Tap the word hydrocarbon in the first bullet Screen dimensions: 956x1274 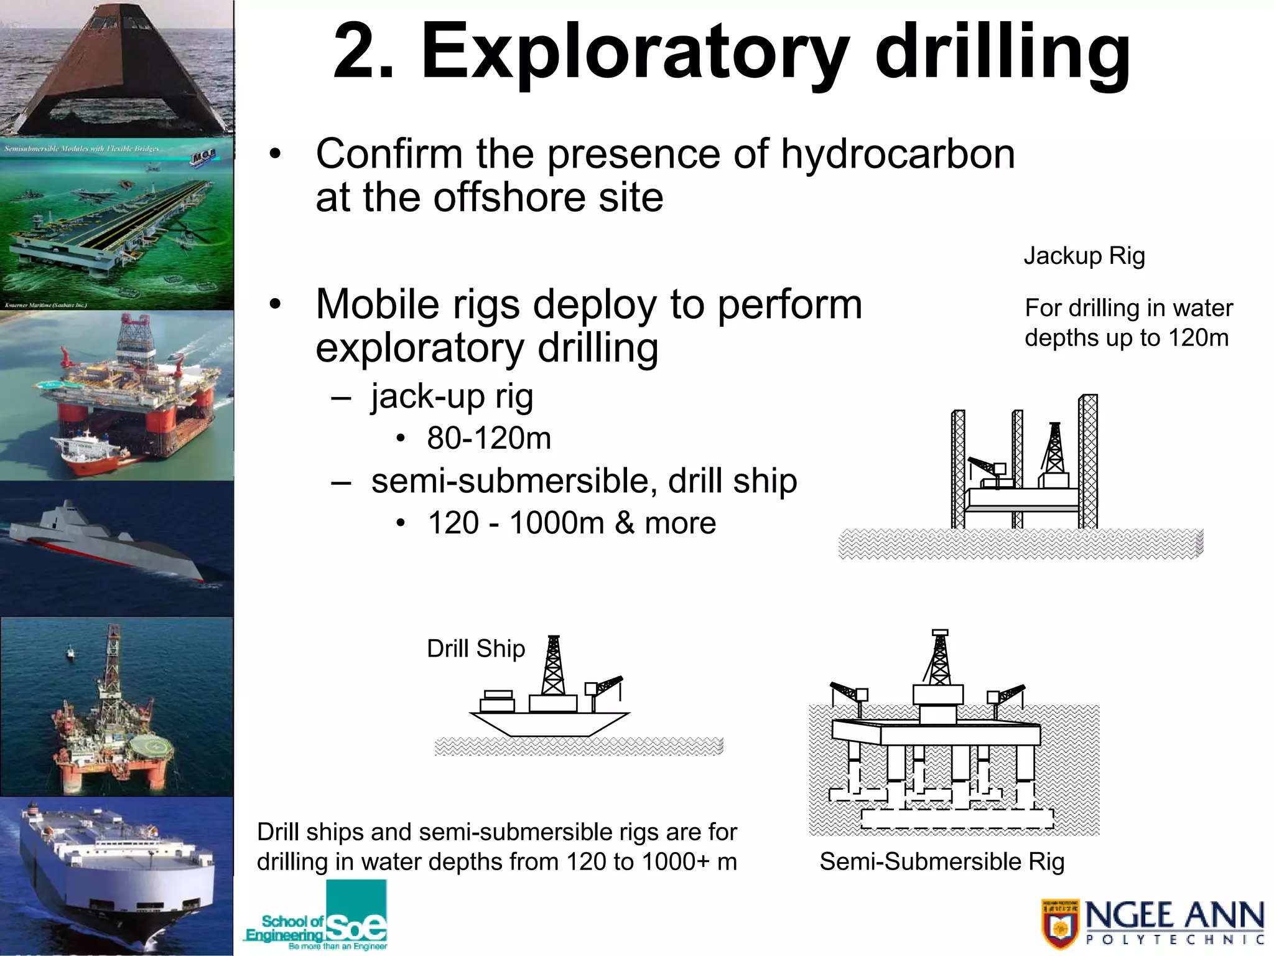click(x=898, y=154)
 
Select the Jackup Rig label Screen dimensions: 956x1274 click(x=1084, y=256)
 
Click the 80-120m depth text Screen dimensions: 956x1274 click(x=489, y=438)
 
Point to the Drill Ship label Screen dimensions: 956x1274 click(x=476, y=649)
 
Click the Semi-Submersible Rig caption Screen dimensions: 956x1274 click(x=942, y=861)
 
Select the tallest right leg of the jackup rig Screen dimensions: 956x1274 click(x=1088, y=461)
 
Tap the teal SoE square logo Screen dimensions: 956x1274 click(x=356, y=912)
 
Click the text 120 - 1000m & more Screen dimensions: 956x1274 click(x=572, y=523)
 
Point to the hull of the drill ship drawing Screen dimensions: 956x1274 click(x=549, y=724)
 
